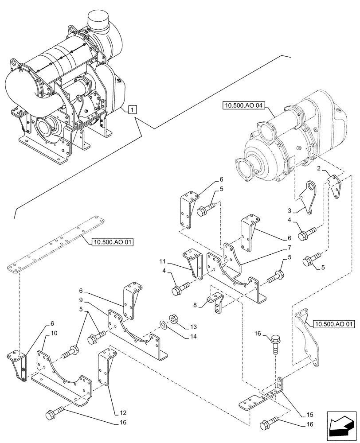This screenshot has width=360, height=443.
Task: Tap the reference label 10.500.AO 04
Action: coord(243,106)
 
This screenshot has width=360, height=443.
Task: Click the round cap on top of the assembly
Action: coord(100,19)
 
